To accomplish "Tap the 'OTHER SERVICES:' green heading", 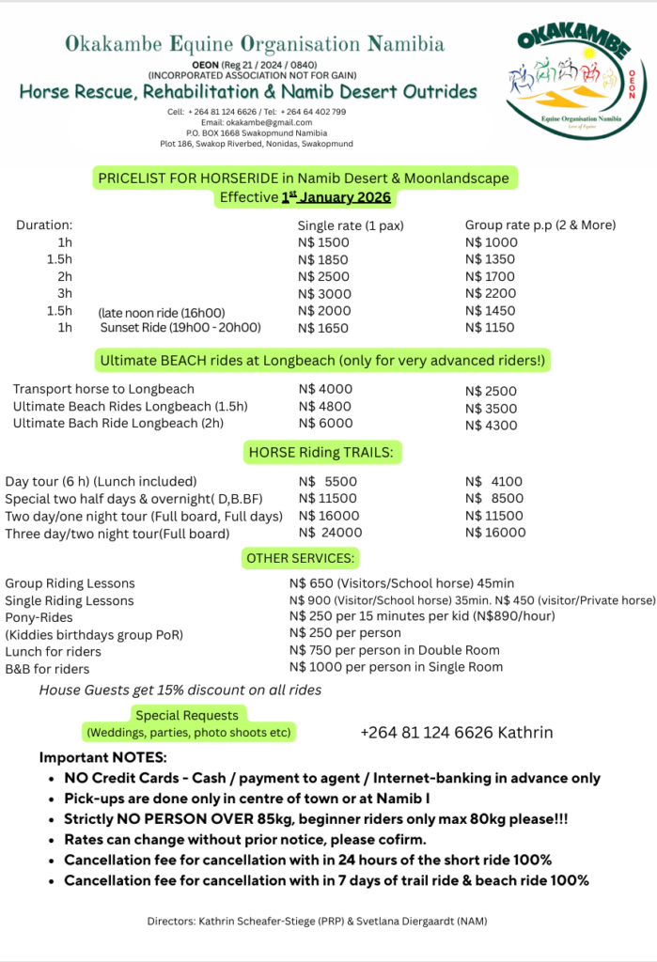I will tap(300, 558).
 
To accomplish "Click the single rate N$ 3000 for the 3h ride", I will tap(323, 294).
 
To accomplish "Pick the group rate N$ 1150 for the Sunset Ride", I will tap(491, 328).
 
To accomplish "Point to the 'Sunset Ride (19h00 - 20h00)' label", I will tap(180, 328).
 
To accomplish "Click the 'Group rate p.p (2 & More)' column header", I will tap(540, 225).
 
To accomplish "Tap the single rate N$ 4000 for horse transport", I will tap(325, 389).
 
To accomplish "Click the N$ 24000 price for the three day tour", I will tap(330, 533).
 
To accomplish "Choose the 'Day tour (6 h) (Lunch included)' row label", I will tap(102, 481).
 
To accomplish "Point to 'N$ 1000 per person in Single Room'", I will tap(396, 667).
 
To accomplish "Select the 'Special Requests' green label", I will tap(188, 715).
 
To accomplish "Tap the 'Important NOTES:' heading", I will tap(102, 758).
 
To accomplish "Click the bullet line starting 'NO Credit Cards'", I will tap(332, 778).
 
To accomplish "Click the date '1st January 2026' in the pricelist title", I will tap(336, 197).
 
